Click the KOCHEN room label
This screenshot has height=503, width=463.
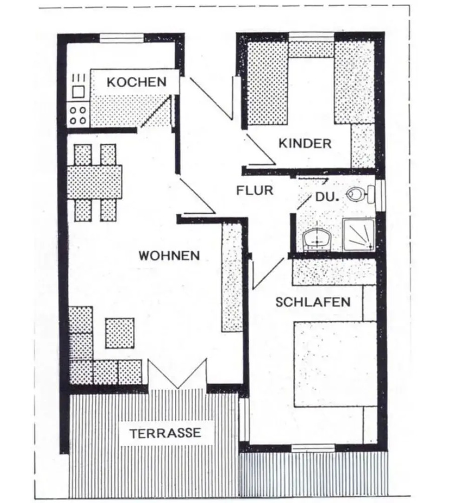click(x=136, y=82)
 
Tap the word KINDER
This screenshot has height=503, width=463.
click(x=305, y=143)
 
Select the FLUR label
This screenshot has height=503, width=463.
click(x=254, y=190)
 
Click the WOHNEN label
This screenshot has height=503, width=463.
click(x=169, y=255)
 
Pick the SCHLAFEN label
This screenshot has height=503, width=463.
click(x=313, y=302)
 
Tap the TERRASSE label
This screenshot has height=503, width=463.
click(x=165, y=433)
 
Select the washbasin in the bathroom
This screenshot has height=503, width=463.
click(x=317, y=239)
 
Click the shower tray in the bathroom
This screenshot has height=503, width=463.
click(x=359, y=235)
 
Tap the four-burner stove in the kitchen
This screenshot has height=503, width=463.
click(x=78, y=115)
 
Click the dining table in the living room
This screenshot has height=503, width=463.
click(x=95, y=182)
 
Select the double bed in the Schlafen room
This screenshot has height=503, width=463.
click(x=335, y=364)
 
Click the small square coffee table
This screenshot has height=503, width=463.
click(x=119, y=333)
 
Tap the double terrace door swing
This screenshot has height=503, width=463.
click(x=177, y=374)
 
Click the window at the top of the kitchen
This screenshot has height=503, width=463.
click(x=122, y=38)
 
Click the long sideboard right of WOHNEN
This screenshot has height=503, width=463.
click(x=232, y=277)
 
